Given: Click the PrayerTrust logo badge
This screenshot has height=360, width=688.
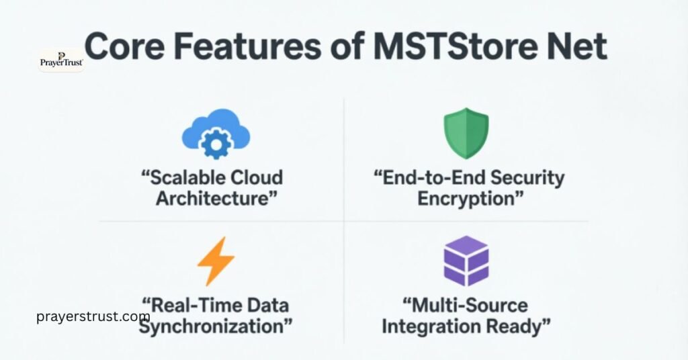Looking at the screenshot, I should point(61,60).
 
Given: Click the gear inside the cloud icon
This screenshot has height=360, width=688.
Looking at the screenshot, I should point(217,142).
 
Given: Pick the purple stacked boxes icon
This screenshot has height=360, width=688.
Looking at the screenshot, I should point(466,261).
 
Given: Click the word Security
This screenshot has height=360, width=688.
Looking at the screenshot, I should point(526,178).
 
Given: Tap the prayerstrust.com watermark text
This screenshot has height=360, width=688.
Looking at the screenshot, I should point(93,316).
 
